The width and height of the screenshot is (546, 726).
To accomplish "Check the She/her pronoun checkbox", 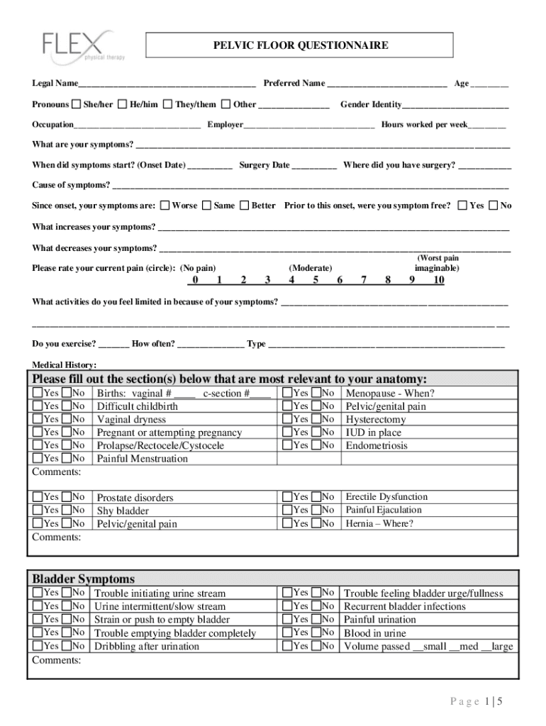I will [x=76, y=104].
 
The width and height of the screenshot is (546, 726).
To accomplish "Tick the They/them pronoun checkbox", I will [x=167, y=104].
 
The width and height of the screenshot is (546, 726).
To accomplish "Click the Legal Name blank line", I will [x=167, y=84].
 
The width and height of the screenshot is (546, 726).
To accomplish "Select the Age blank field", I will [x=489, y=84].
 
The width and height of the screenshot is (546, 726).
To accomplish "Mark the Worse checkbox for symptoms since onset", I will [x=165, y=206].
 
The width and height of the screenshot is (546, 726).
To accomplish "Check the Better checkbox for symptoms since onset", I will [x=244, y=206].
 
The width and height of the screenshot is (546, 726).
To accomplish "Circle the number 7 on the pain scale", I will [x=364, y=280].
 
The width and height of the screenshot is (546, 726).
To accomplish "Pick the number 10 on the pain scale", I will [x=438, y=280].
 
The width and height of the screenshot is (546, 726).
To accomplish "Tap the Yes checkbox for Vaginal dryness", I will [x=38, y=419].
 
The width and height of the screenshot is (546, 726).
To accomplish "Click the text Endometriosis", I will [x=377, y=446].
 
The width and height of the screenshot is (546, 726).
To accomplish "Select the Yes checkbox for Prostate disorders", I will [x=38, y=497].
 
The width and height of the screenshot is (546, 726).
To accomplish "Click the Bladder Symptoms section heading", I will [x=84, y=579].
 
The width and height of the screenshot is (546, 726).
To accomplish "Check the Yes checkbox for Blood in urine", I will [x=286, y=632].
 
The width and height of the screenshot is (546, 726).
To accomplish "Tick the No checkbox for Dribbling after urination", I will [x=67, y=646].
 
